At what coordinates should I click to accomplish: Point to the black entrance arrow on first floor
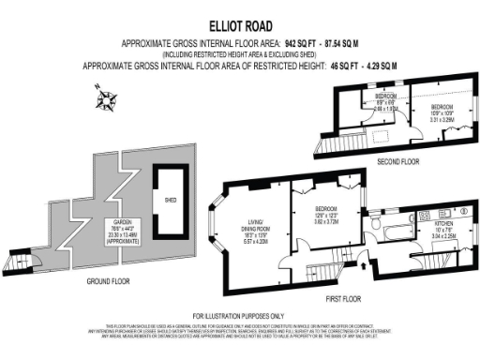pyautogui.click(x=364, y=266)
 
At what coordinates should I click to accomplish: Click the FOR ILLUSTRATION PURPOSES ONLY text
pyautogui.click(x=240, y=315)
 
